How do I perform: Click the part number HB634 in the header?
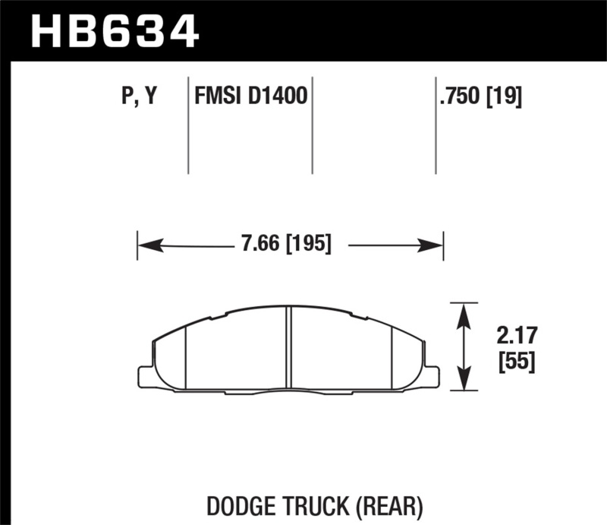[x=114, y=31]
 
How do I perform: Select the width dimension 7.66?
[x=257, y=245]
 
